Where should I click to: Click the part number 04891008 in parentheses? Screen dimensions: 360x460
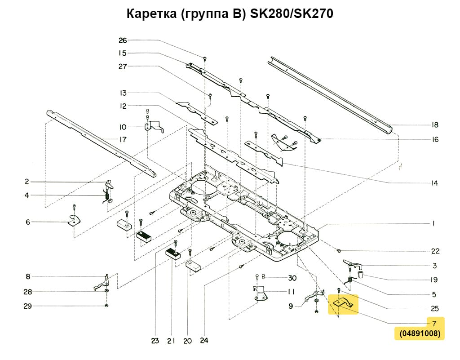420,334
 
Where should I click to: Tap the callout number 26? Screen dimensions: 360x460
123,40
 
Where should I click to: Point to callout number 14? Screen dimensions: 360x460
434,183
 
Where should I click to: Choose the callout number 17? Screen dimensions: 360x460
123,139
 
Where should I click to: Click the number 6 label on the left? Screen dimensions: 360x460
28,222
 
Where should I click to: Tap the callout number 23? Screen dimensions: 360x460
155,341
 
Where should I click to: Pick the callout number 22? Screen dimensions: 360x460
435,251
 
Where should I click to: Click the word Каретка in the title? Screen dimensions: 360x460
152,14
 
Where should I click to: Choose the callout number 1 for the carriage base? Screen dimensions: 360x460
434,223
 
